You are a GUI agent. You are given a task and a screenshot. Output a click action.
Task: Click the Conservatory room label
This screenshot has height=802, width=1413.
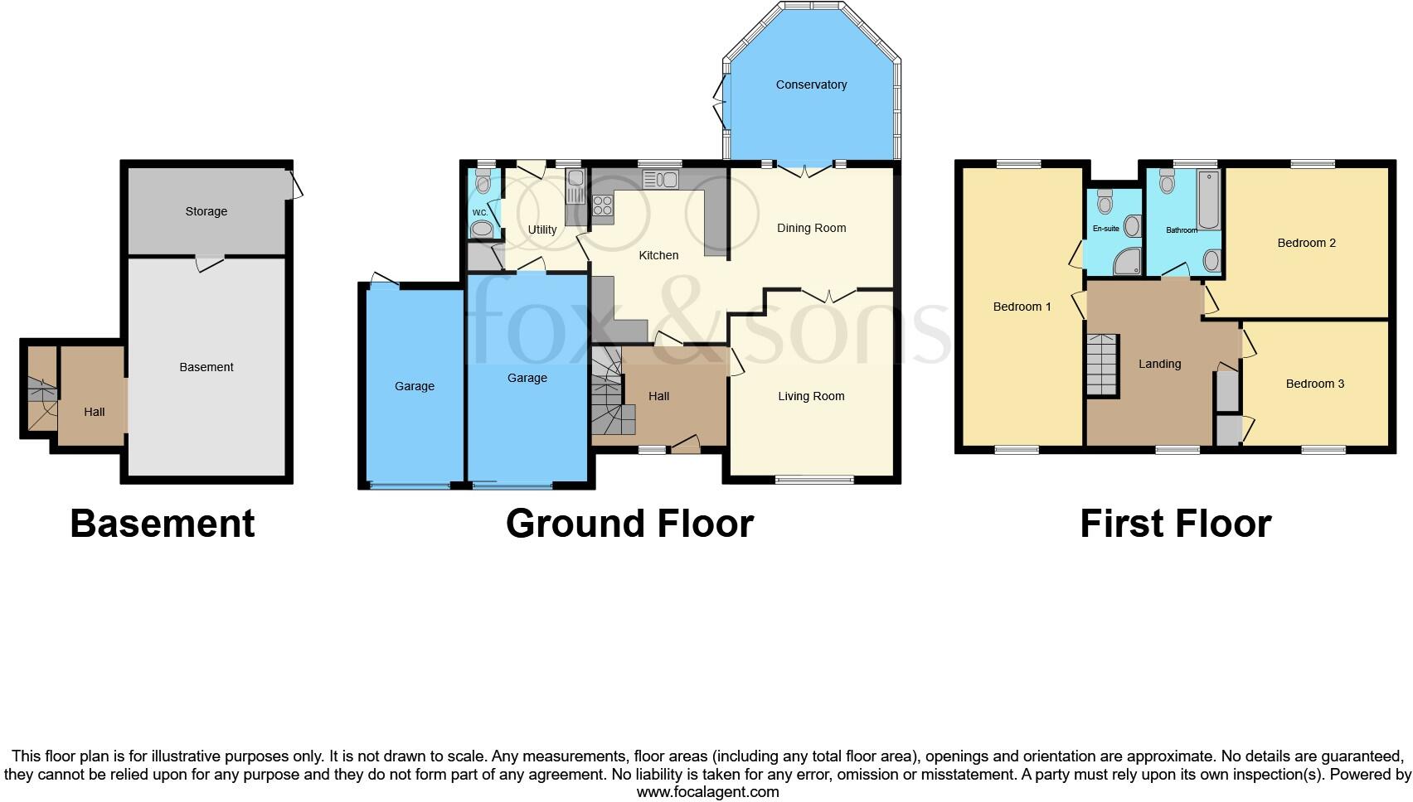[x=811, y=85]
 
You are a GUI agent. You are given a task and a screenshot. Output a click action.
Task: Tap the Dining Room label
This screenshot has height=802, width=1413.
[x=811, y=228]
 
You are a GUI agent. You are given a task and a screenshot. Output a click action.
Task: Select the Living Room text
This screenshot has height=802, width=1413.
[x=811, y=396]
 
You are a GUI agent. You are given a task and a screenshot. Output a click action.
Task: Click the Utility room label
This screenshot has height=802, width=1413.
[x=542, y=229]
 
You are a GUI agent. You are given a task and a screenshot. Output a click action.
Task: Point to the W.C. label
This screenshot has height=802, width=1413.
[x=479, y=212]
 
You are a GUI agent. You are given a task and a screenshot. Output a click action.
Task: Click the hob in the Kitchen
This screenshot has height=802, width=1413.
[x=603, y=205]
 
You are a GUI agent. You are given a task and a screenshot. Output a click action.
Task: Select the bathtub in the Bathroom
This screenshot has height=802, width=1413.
[x=1208, y=199]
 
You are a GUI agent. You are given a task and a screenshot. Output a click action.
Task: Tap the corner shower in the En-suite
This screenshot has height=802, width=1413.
[x=1126, y=262]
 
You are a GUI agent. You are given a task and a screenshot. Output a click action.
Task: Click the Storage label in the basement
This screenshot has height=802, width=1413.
[x=206, y=211]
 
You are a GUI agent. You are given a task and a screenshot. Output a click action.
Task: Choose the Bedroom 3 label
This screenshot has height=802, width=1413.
[x=1314, y=384]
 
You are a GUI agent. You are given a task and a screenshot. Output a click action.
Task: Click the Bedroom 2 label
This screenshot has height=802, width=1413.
[x=1306, y=243]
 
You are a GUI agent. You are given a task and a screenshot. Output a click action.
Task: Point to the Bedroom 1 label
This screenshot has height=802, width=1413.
[x=1022, y=307]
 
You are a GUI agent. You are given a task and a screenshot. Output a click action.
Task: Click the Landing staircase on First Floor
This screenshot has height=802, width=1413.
[x=1103, y=365]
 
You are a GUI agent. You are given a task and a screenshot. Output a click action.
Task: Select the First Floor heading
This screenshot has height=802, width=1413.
[x=1175, y=524]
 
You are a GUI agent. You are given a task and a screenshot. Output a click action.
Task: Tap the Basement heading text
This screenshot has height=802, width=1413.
[x=163, y=524]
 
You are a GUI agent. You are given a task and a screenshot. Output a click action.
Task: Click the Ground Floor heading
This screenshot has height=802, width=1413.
[x=629, y=524]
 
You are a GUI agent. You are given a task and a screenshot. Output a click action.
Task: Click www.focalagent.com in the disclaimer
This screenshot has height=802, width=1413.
[x=707, y=792]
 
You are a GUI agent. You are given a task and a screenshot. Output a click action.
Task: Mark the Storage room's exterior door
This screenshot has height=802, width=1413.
[x=294, y=184]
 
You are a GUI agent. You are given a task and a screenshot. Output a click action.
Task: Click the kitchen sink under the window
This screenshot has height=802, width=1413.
[x=660, y=179]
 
